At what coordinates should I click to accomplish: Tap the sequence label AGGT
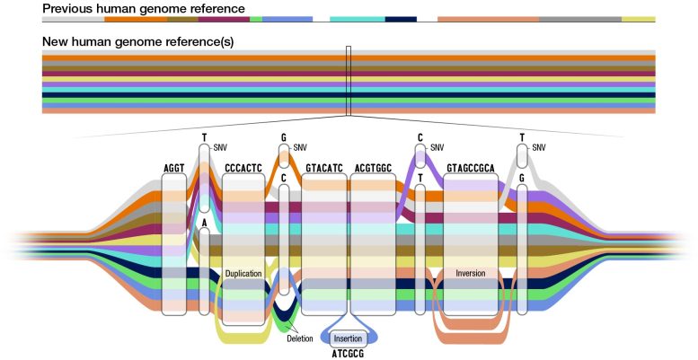click(x=173, y=168)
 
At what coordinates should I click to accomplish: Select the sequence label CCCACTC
click(x=243, y=168)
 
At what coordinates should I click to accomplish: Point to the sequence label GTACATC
click(x=323, y=168)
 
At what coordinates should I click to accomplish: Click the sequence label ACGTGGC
click(x=372, y=168)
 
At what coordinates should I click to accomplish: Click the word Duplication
click(x=243, y=272)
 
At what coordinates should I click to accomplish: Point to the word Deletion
click(x=300, y=338)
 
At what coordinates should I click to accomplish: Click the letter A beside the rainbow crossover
click(x=205, y=222)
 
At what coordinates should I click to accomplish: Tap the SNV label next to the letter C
click(x=437, y=147)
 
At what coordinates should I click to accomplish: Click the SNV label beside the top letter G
click(x=300, y=147)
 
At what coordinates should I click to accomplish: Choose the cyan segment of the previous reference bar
click(x=357, y=19)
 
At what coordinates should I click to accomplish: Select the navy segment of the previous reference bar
click(x=401, y=19)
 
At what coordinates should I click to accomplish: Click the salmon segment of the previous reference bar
click(x=488, y=19)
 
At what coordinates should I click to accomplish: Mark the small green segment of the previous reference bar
click(x=256, y=19)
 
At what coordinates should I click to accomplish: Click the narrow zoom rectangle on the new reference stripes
click(x=349, y=81)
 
